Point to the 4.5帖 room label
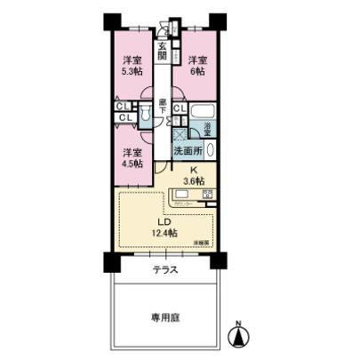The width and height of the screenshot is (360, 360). coord(131,157)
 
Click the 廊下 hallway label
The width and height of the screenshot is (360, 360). coord(163,105)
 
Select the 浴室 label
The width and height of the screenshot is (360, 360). coord(207,129)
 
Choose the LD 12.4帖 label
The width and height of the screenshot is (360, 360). coord(164,227)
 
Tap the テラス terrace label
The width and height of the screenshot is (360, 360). coord(163,268)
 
